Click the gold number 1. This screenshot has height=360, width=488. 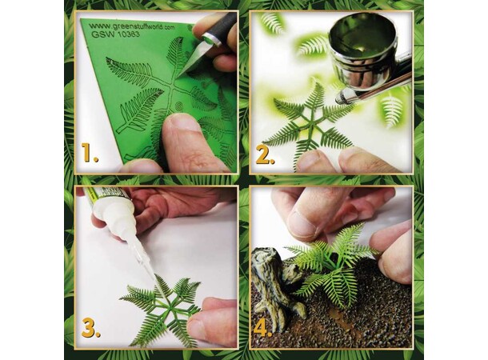point(90,153)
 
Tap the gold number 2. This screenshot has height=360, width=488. point(265,154)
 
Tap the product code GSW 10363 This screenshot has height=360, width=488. point(115,34)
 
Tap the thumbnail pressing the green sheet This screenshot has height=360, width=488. point(182,124)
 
